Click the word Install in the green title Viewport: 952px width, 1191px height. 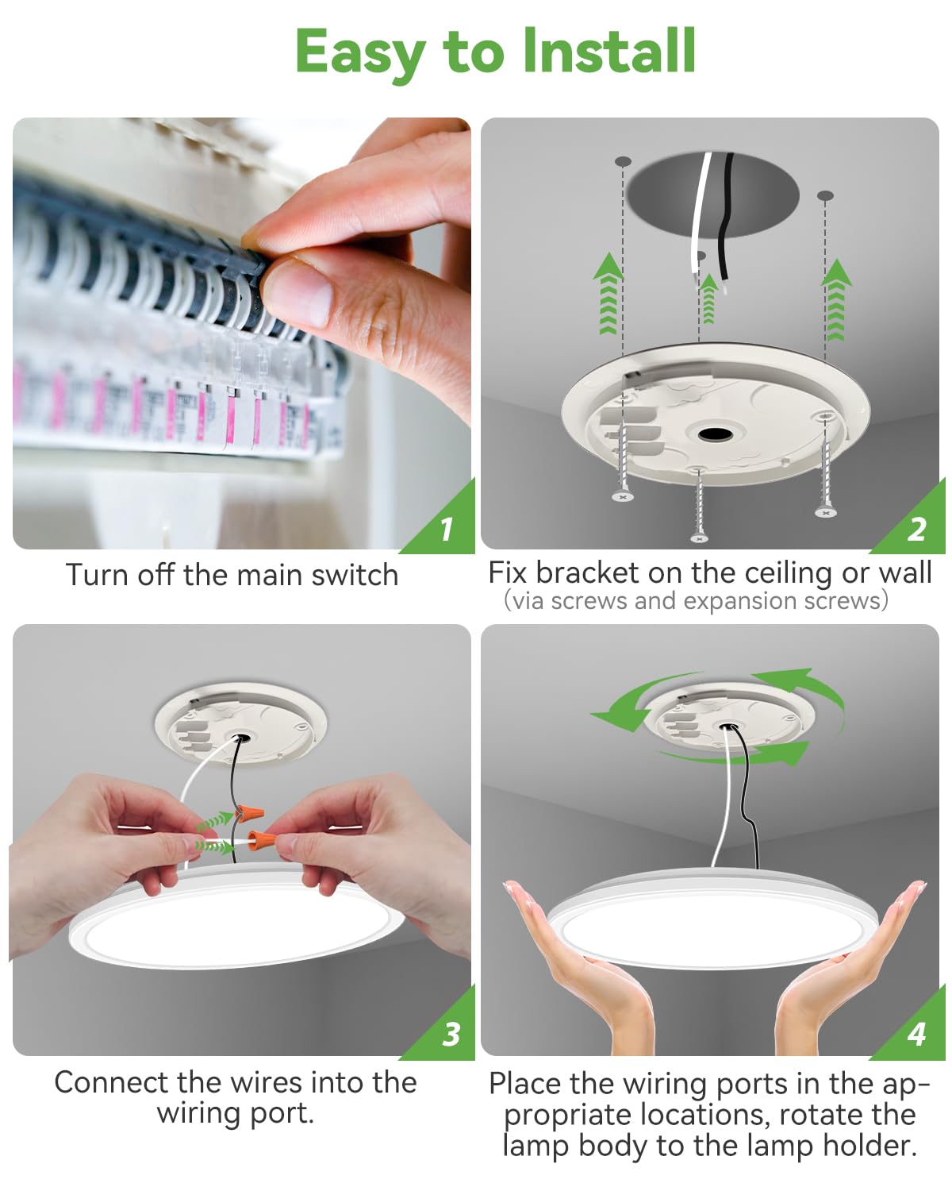(608, 52)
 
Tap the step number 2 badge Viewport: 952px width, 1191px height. (917, 529)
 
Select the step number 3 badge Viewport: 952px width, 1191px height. (451, 1034)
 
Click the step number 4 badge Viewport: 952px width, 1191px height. (917, 1034)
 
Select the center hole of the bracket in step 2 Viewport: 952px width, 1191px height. (716, 434)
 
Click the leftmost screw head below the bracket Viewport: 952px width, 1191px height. (623, 497)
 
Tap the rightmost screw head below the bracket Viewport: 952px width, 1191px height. (826, 513)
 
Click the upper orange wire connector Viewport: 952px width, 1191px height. (251, 815)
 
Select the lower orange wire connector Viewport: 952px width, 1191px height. (263, 838)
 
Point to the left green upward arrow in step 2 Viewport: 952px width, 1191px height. (608, 294)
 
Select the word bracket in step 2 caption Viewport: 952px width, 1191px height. (585, 572)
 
